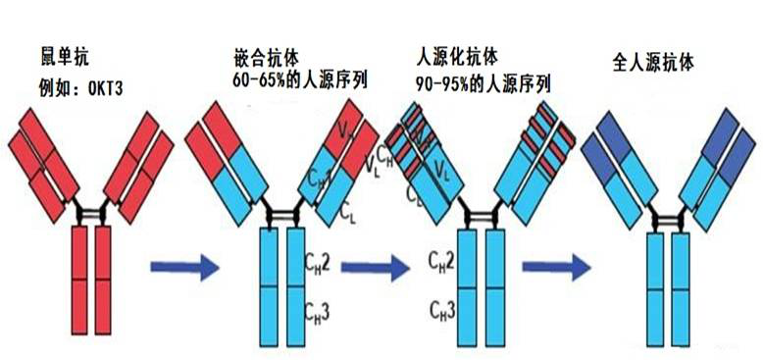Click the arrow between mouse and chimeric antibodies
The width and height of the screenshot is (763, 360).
[183, 265]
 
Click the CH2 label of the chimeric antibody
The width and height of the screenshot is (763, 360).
[319, 264]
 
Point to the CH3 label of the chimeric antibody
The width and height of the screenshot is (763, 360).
[319, 312]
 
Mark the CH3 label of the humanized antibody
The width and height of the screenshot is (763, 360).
[442, 312]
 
